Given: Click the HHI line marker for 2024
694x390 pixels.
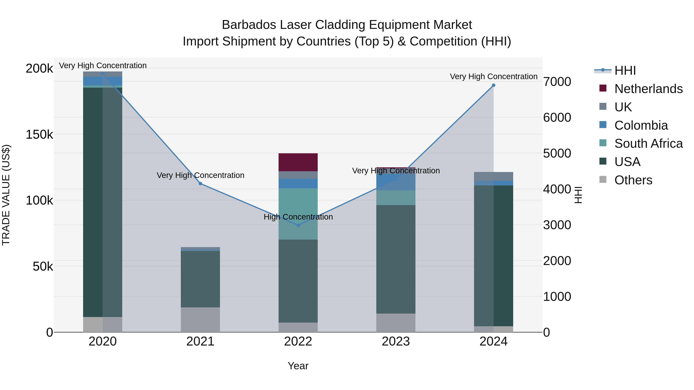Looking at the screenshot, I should tap(493, 85).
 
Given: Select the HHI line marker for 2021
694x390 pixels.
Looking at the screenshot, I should tap(200, 184).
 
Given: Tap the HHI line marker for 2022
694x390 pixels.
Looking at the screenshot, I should tap(298, 225).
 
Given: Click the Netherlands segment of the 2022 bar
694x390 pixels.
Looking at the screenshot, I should tap(298, 162).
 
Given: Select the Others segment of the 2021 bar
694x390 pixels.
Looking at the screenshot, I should tap(200, 320).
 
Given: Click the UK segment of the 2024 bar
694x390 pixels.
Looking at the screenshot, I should tap(493, 176).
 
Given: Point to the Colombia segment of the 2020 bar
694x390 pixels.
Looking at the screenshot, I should tap(102, 81).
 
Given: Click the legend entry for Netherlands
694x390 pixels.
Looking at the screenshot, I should tap(648, 89).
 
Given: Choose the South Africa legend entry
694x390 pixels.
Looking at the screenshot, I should tap(648, 143).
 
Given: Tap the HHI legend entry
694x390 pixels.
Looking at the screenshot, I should tap(625, 70).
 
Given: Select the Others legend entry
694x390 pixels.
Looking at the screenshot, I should tap(633, 180).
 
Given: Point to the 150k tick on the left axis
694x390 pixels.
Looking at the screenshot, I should tap(39, 134).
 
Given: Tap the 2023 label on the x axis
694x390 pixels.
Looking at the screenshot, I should tap(396, 341).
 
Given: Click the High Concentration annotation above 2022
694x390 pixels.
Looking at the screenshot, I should tap(298, 217).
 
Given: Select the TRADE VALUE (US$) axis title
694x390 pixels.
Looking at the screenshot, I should tap(6, 195).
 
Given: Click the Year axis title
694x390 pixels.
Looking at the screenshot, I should tap(298, 366).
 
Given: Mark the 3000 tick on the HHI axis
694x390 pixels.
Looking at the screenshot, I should tap(557, 225).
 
